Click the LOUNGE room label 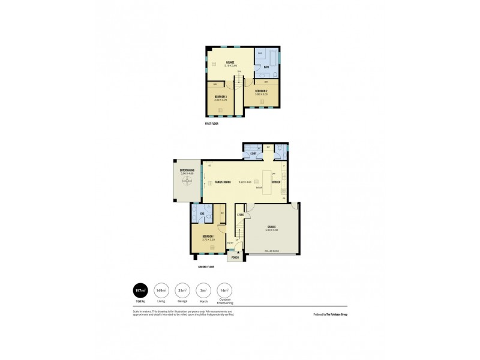click(230, 62)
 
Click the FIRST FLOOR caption click(211, 124)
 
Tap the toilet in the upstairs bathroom click(273, 73)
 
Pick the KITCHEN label click(276, 182)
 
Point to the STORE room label click(240, 214)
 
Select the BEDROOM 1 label click(208, 238)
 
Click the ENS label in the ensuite click(203, 214)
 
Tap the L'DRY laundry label click(253, 154)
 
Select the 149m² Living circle click(161, 290)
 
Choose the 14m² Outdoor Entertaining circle click(224, 290)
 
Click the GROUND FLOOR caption click(206, 266)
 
